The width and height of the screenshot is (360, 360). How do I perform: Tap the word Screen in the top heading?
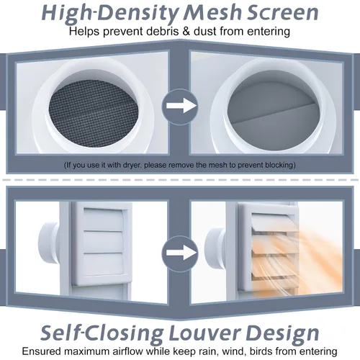tap(283, 12)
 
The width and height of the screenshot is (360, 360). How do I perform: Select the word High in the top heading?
tap(66, 14)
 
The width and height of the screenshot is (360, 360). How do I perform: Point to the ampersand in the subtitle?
tap(186, 32)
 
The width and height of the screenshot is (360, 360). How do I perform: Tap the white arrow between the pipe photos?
tap(181, 106)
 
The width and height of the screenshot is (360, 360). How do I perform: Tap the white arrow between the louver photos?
tap(181, 253)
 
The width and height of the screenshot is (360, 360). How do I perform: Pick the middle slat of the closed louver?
tap(104, 242)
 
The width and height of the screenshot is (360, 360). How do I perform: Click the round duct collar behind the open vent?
tap(215, 250)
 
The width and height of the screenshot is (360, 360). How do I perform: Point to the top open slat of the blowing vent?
tap(274, 220)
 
